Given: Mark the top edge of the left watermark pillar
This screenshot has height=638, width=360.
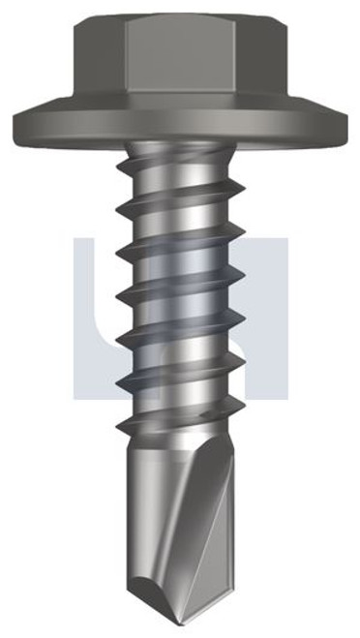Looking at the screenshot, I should [x=92, y=236].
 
